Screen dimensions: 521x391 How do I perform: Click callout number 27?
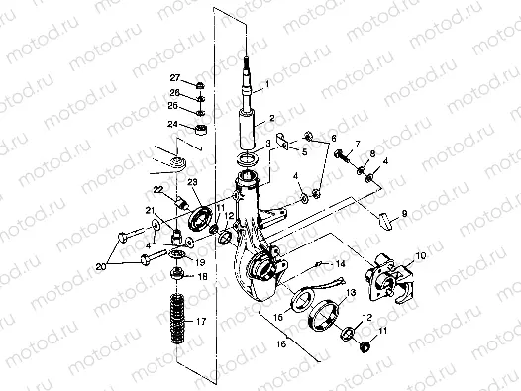tap(174, 77)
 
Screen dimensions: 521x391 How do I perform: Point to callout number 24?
tap(173, 125)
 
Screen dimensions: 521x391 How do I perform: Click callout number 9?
tap(404, 214)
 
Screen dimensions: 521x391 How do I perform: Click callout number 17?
tap(203, 322)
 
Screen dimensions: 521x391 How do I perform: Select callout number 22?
tap(156, 188)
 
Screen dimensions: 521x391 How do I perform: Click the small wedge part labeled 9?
tap(384, 220)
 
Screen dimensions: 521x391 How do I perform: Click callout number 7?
tap(358, 145)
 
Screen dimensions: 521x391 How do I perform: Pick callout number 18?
tap(203, 278)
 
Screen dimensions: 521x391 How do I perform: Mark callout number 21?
tap(152, 210)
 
